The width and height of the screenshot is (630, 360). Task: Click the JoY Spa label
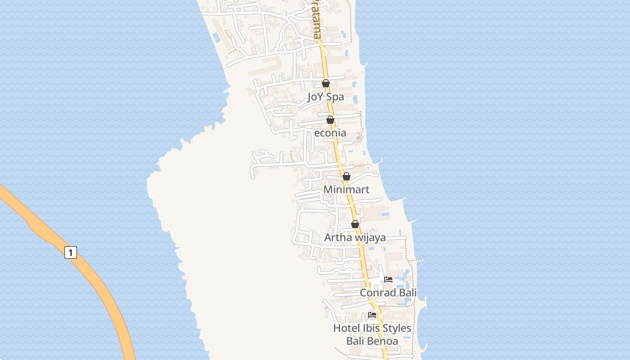point(325,97)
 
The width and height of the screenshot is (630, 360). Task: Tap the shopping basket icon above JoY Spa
point(326,83)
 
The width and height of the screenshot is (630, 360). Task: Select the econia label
point(330,133)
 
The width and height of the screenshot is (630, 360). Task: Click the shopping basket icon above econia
point(330,120)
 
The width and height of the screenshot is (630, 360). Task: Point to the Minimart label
point(346,189)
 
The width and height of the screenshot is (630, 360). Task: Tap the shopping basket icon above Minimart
point(346,176)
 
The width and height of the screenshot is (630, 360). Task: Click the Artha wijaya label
point(355,237)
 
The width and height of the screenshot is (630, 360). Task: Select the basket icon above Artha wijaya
point(355,224)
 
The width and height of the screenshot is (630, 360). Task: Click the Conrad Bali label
point(388,292)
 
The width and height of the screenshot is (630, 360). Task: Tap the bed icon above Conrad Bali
point(388,279)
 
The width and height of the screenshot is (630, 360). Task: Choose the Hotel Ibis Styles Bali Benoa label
point(372,334)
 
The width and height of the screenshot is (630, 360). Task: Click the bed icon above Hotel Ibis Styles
point(372,315)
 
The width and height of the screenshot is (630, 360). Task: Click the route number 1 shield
point(70,252)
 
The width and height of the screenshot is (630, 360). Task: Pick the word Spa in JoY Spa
point(335,97)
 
